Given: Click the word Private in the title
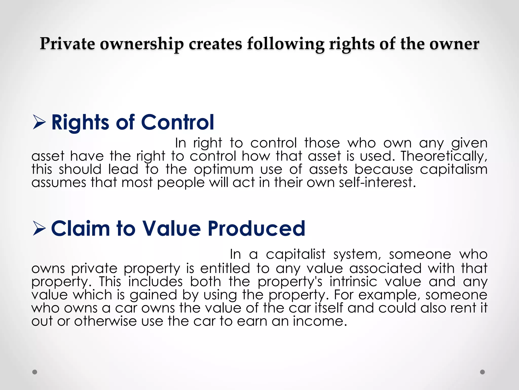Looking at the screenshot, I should click(x=67, y=44).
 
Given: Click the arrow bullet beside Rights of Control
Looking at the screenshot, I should click(x=39, y=122).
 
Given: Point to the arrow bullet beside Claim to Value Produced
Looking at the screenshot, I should click(x=39, y=228).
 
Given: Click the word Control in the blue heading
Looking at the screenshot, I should click(x=177, y=122).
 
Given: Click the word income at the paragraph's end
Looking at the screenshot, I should click(x=320, y=321).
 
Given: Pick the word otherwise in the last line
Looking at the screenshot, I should click(x=105, y=321).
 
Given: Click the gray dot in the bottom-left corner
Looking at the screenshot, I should click(x=35, y=372).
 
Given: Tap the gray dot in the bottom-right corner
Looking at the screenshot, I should click(x=483, y=372).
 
